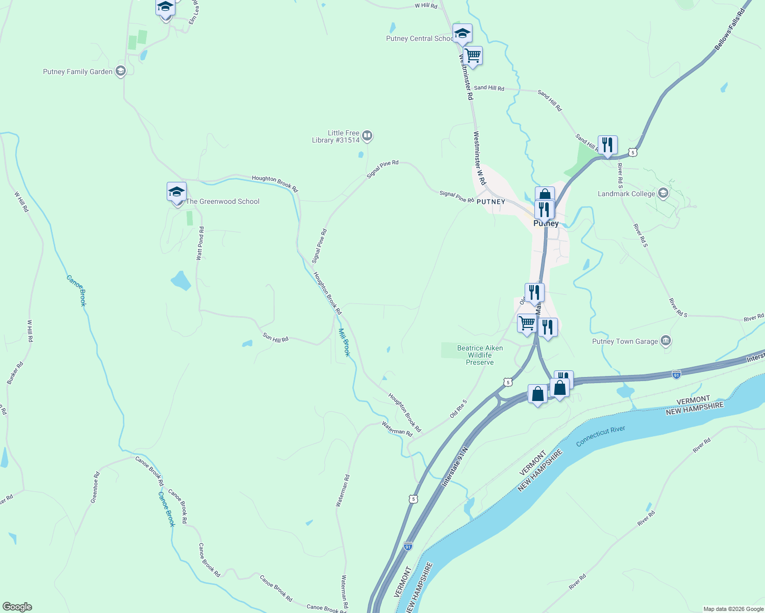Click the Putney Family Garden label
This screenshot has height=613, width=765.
(x=78, y=72)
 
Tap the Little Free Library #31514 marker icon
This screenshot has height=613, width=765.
(x=367, y=136)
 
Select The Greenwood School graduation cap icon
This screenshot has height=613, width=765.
(x=176, y=192)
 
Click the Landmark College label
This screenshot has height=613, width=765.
(x=626, y=194)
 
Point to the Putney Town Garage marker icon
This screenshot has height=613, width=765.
(x=665, y=341)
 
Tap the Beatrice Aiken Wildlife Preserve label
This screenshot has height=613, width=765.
(x=480, y=355)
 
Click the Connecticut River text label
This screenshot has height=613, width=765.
(x=600, y=436)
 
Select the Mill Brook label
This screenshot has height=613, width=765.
(x=344, y=342)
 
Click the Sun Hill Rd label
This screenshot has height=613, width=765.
(x=276, y=338)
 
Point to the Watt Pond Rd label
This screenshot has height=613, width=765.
(x=200, y=244)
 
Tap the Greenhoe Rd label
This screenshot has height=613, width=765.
(x=95, y=487)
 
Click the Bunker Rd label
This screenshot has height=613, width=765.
(x=15, y=373)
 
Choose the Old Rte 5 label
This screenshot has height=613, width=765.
(x=458, y=409)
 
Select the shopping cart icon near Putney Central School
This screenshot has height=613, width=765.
(x=473, y=55)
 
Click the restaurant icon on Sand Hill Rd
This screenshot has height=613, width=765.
(x=607, y=145)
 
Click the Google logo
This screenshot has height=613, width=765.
(x=17, y=607)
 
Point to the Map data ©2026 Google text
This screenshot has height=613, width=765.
(x=733, y=609)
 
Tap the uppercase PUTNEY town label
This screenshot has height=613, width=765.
(x=491, y=202)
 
